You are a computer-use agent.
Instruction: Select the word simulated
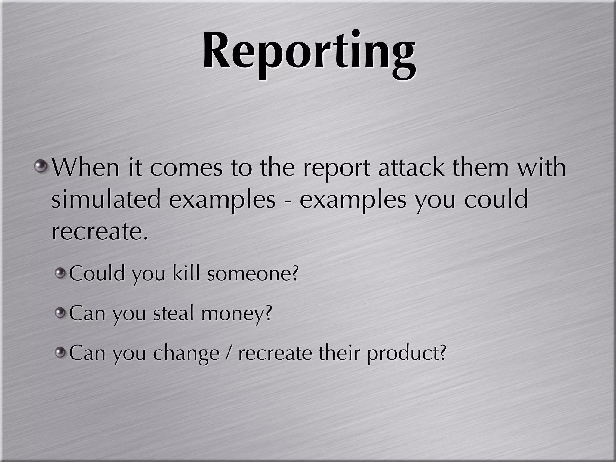click(106, 199)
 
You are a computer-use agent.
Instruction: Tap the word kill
click(186, 273)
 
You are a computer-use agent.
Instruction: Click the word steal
click(173, 313)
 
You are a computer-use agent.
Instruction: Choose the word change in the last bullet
click(186, 353)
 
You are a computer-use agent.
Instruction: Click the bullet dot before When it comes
click(41, 166)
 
